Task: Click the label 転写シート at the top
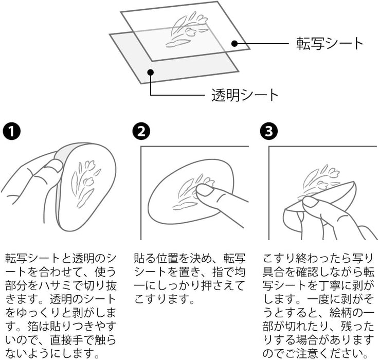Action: click(x=330, y=43)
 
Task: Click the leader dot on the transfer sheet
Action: click(x=234, y=43)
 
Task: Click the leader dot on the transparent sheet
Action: click(x=150, y=71)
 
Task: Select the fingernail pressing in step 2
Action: click(x=205, y=190)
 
